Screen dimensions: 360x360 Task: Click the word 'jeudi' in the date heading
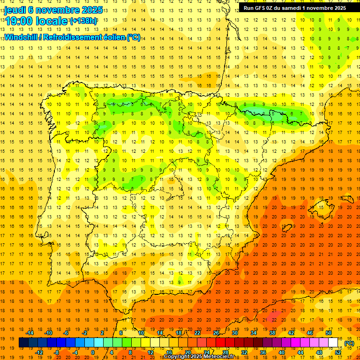[15, 10]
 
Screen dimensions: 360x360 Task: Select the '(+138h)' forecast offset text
[83, 21]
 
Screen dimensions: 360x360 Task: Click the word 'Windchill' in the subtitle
[20, 37]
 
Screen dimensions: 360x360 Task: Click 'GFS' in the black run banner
[262, 7]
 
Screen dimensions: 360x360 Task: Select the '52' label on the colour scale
[338, 352]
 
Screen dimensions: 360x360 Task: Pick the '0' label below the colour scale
[93, 352]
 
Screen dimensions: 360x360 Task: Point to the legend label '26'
[216, 333]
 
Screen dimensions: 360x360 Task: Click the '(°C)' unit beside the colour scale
[349, 343]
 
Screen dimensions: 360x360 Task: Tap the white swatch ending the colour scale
[333, 343]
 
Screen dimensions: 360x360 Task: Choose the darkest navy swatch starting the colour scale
[23, 343]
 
